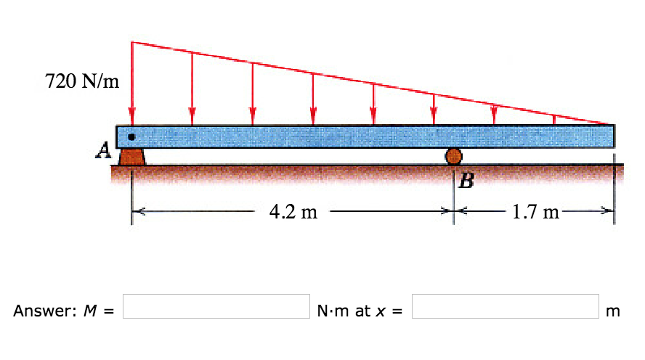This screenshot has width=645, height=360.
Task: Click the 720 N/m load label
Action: (x=81, y=82)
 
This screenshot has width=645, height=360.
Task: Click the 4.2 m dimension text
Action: (x=293, y=212)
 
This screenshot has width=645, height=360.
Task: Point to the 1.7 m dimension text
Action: (x=535, y=212)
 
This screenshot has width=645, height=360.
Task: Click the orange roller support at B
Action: (x=453, y=155)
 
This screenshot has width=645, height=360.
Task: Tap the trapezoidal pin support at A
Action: (x=131, y=156)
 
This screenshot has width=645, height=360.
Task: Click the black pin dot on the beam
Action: (x=131, y=136)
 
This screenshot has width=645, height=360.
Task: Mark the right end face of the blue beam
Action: (x=613, y=136)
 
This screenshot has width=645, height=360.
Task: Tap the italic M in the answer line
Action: (x=92, y=311)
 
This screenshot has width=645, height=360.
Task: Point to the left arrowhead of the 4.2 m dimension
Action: (x=137, y=212)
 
